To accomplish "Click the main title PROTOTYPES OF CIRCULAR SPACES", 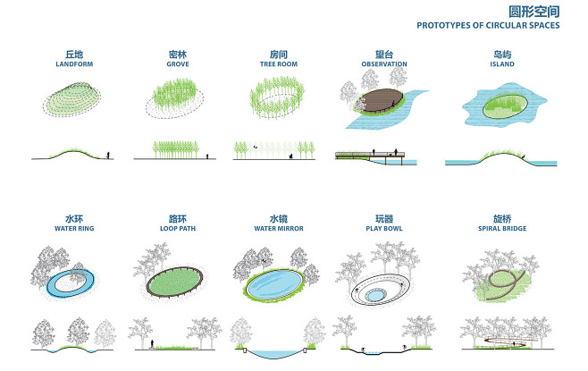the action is (x=488, y=26).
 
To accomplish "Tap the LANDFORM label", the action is (x=74, y=64).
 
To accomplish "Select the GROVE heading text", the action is (x=178, y=64).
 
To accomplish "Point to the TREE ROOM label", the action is (x=279, y=64).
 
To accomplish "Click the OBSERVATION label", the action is (x=384, y=64).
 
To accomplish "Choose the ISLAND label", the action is (x=502, y=64).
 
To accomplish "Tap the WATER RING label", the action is (x=74, y=229).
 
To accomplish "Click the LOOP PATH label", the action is (x=178, y=229).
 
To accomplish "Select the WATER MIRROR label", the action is (x=279, y=229).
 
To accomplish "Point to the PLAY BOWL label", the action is (x=384, y=229).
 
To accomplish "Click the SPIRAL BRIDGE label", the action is (x=502, y=229).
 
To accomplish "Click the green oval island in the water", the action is (x=505, y=105).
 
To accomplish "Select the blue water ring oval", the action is (x=71, y=282).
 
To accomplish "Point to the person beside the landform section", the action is (x=108, y=155).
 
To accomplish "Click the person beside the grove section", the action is (x=206, y=156).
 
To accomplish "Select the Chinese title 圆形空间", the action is (x=533, y=12).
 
